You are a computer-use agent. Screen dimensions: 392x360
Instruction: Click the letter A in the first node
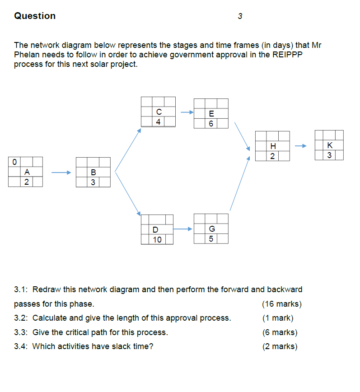(x=27, y=172)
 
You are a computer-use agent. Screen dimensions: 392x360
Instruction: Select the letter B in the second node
(x=93, y=172)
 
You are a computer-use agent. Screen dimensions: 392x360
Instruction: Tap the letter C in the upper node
(x=159, y=112)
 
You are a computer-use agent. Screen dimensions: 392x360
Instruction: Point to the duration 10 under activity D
(x=157, y=239)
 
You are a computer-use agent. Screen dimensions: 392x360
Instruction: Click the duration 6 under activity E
(x=211, y=123)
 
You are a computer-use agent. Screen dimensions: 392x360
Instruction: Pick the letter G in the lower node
(x=211, y=229)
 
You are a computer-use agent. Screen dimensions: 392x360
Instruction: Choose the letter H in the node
(x=272, y=146)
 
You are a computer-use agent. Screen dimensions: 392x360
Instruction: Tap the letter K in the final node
(x=329, y=145)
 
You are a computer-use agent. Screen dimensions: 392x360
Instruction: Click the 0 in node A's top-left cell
(x=15, y=161)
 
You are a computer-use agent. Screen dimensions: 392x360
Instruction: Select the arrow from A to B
(x=61, y=172)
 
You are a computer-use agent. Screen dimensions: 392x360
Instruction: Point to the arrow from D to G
(x=183, y=229)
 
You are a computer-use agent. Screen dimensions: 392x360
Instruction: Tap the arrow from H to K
(x=301, y=146)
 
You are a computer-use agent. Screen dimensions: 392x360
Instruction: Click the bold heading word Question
(x=35, y=16)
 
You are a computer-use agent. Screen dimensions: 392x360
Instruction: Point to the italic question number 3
(x=240, y=16)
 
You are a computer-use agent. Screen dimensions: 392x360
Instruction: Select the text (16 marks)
(x=281, y=303)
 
